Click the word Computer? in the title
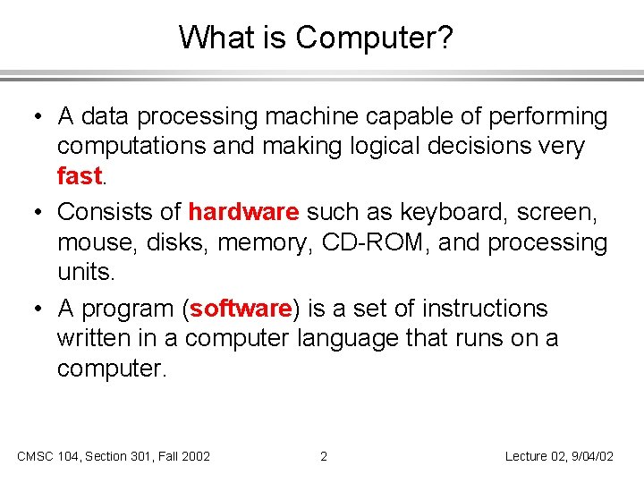[376, 38]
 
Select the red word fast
[79, 176]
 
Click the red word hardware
[243, 212]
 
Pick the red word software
[241, 309]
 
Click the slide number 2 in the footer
[324, 456]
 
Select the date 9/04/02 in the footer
[589, 456]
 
